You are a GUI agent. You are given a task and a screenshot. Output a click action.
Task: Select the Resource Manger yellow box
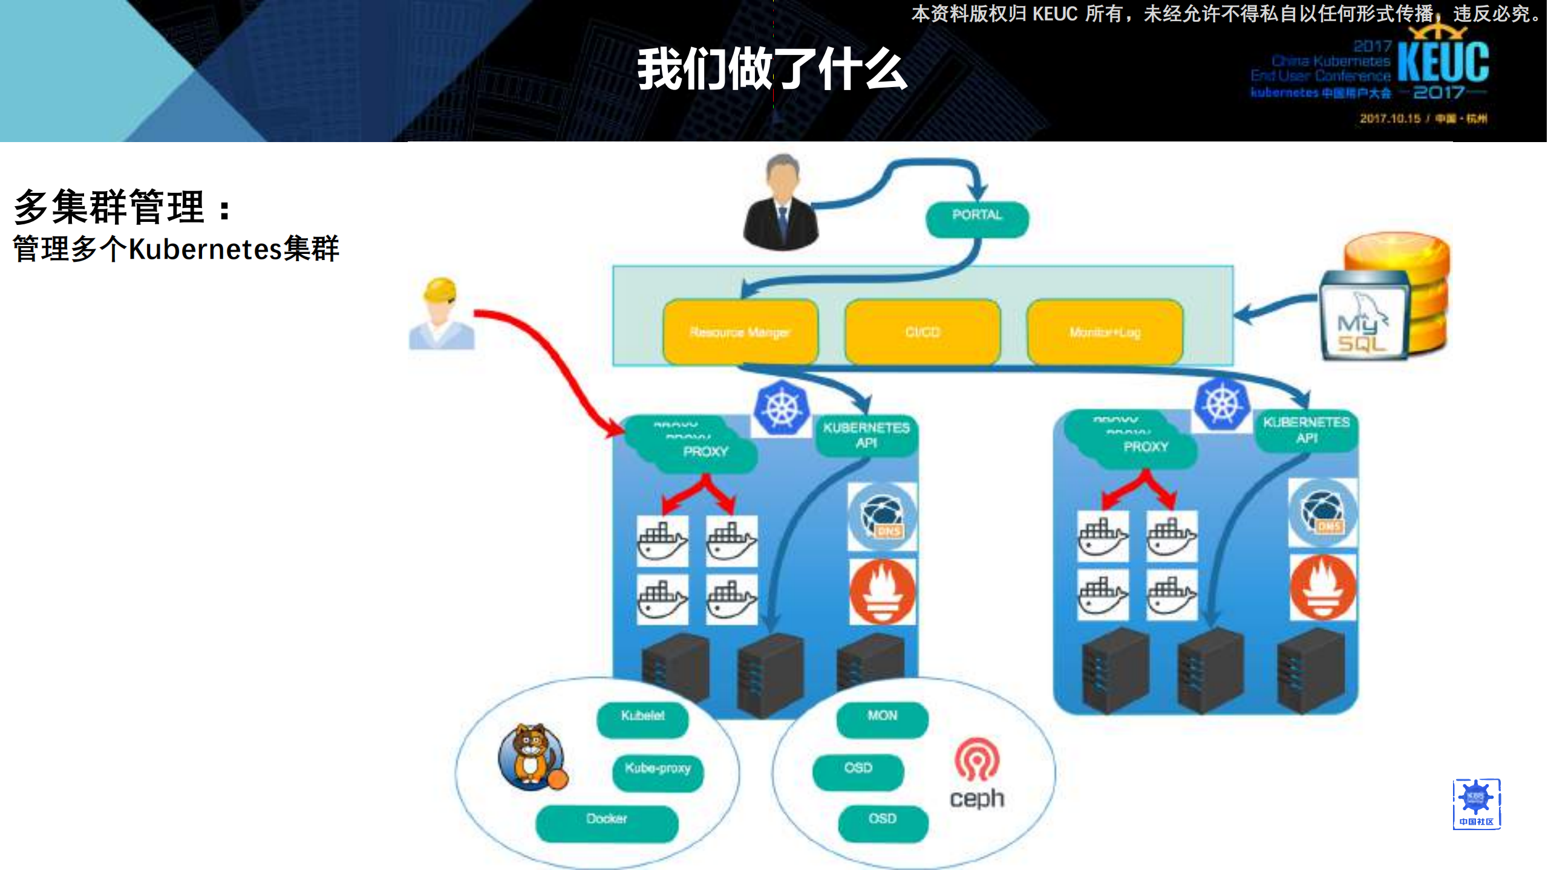coord(740,332)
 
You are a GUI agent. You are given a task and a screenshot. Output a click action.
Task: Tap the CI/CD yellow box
coord(922,332)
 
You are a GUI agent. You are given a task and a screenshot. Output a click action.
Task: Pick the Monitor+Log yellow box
coord(1104,332)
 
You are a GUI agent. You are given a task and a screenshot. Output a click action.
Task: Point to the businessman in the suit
coord(781,203)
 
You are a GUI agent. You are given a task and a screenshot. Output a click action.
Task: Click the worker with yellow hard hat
coord(442,314)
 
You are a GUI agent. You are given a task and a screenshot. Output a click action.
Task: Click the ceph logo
coord(976,773)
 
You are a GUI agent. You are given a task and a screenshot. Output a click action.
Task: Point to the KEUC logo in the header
coord(1443,63)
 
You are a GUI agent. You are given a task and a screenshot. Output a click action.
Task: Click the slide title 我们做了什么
coord(772,69)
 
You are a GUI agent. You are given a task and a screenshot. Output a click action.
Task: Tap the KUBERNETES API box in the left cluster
coord(866,435)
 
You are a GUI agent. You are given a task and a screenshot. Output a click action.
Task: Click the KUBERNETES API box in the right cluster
coord(1306,430)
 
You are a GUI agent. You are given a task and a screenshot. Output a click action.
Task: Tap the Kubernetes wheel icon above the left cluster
coord(782,409)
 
